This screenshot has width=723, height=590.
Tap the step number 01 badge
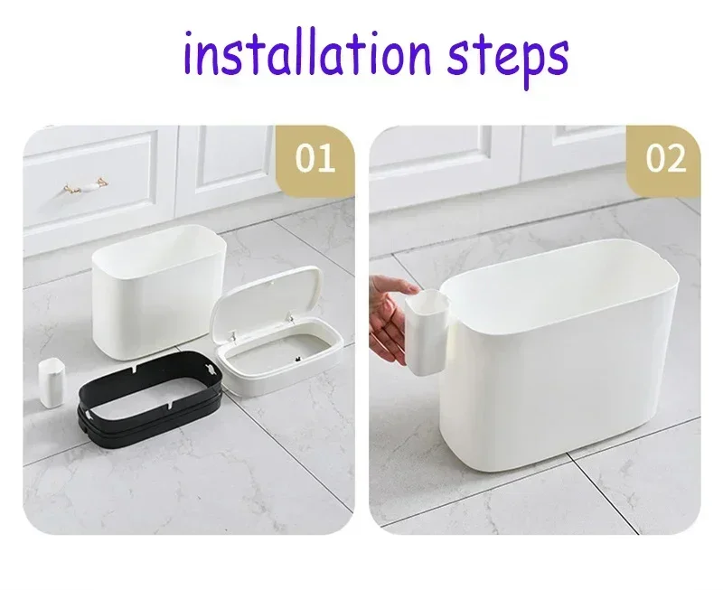(315, 159)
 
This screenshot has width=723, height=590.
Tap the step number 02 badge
(665, 159)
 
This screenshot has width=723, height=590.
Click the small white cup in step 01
(51, 383)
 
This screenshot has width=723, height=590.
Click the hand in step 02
(391, 318)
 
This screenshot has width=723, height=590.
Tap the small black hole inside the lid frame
(297, 358)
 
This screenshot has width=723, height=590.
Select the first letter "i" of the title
(188, 53)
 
